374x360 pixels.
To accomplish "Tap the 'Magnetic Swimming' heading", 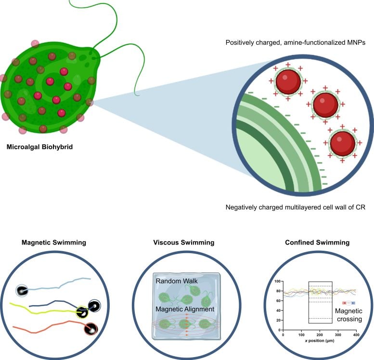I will pos(54,243).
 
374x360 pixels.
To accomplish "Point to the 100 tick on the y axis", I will pos(276,282).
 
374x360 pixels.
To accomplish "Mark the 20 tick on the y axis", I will pos(278,321).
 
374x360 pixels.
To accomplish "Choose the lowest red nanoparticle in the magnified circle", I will pos(342,142).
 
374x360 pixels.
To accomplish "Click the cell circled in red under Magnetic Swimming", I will pos(90,329).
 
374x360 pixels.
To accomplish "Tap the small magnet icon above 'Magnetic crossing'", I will pos(348,303).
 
